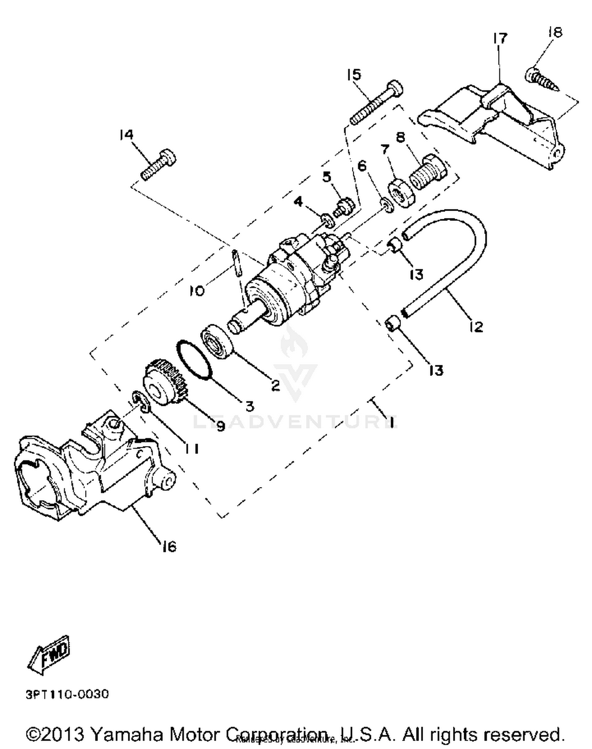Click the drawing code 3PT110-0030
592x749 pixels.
pyautogui.click(x=67, y=694)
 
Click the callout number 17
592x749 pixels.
pyautogui.click(x=499, y=38)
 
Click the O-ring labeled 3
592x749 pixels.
pyautogui.click(x=194, y=360)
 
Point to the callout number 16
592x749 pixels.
pyautogui.click(x=169, y=546)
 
